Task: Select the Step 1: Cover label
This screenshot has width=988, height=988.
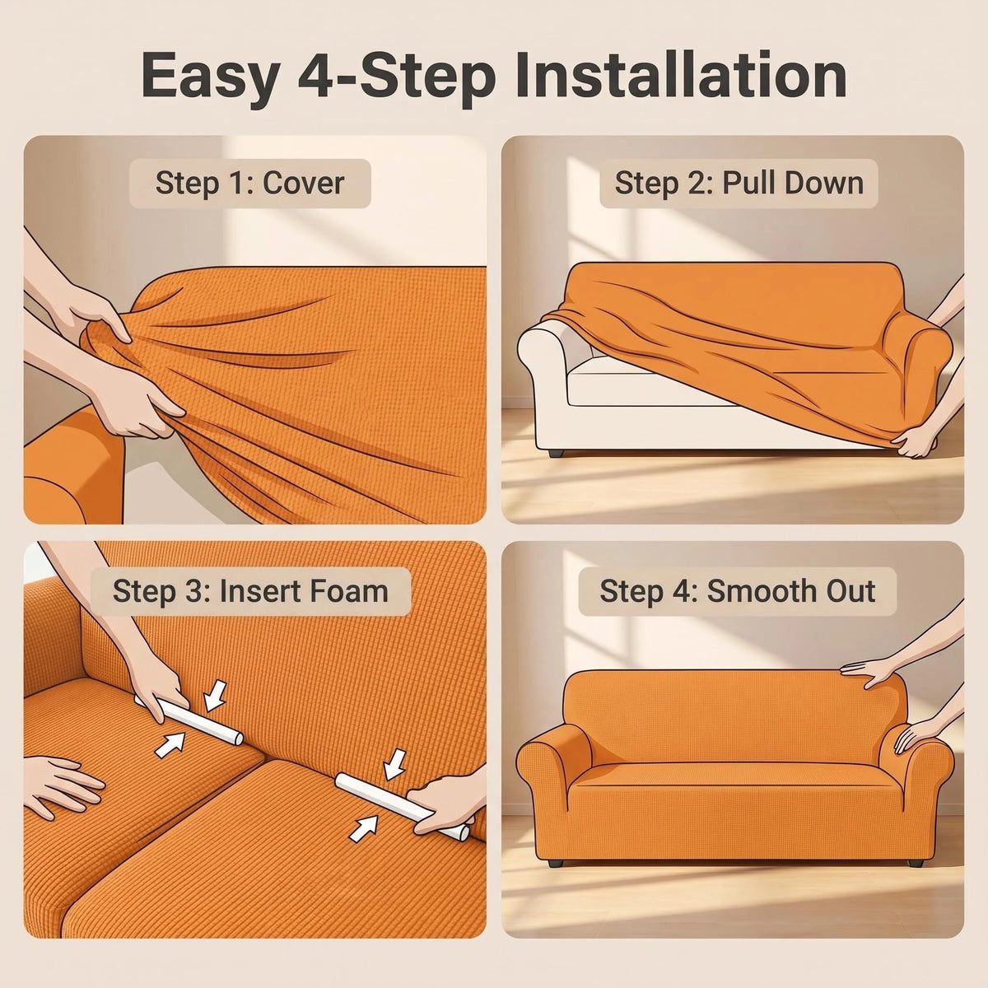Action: pos(249,183)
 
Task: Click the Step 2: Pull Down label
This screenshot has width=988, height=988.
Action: pos(739,183)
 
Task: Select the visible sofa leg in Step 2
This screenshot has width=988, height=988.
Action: pos(557,453)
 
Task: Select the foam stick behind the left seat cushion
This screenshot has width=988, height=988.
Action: pos(189,720)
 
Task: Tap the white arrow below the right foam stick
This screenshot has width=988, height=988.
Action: pos(363,829)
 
